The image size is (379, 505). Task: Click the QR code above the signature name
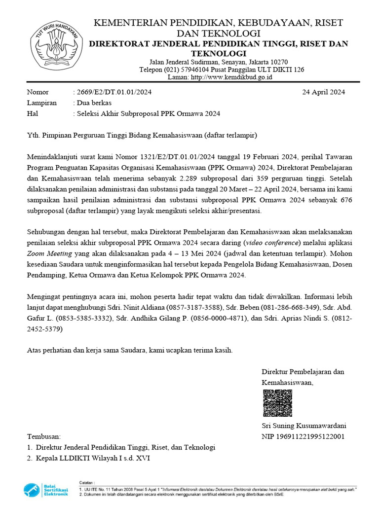click(x=277, y=403)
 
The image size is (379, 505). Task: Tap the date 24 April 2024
click(x=324, y=92)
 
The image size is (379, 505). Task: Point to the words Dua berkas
click(x=93, y=103)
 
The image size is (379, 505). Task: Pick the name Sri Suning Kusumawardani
click(x=303, y=426)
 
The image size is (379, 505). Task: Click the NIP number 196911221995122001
click(x=303, y=436)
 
